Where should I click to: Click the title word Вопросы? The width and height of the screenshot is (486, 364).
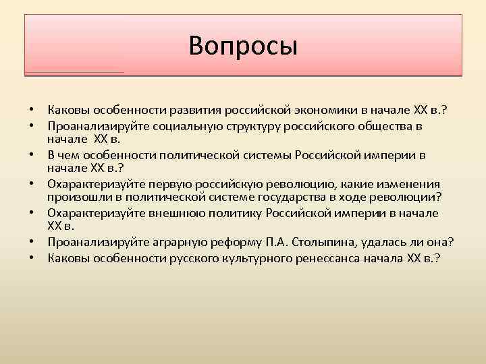pos(243,46)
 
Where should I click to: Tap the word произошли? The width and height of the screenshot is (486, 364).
pos(77,196)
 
